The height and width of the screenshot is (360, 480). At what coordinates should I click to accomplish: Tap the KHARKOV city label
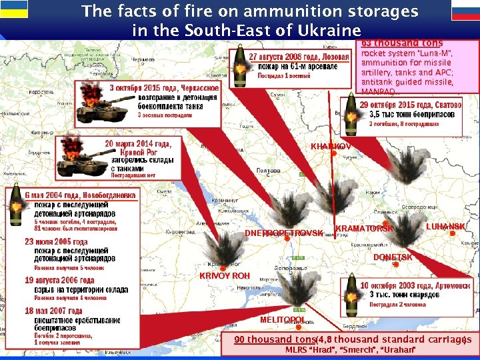[x=331, y=146]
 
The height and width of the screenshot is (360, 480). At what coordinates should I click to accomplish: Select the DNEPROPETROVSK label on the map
[x=284, y=233]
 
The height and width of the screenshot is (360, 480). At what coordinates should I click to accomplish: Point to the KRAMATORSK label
[x=365, y=229]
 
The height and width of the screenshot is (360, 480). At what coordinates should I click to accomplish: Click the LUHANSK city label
[x=445, y=227]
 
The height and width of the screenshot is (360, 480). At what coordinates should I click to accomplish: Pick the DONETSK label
[x=393, y=257]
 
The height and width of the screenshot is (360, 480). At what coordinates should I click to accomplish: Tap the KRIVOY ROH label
[x=225, y=275]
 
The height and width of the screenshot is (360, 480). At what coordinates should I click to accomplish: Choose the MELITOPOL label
[x=282, y=320]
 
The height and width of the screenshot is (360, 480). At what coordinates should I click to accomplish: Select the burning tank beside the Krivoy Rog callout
[x=79, y=157]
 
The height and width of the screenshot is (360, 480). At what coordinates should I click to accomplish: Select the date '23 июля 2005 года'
[x=56, y=242]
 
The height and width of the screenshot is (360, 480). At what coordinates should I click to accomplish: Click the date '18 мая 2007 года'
[x=53, y=311]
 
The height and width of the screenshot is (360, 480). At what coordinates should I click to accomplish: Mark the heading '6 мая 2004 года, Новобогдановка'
[x=80, y=195]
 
